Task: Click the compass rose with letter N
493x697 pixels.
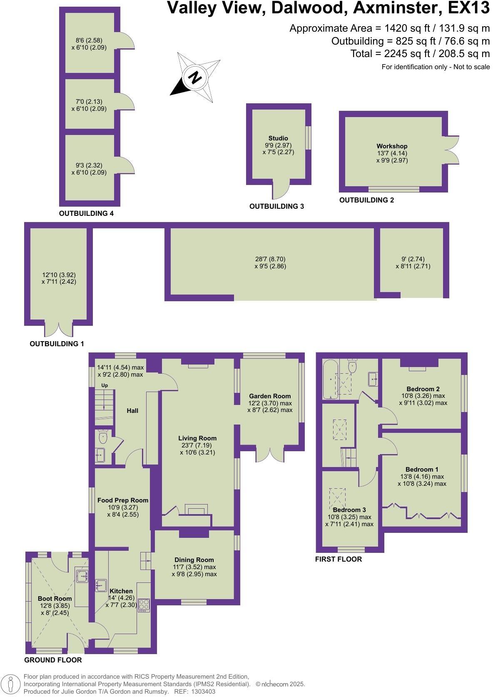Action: click(194, 77)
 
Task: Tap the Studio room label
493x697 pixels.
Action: click(278, 138)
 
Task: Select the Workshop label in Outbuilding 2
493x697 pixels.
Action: click(392, 146)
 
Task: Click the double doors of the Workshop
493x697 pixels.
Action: click(452, 149)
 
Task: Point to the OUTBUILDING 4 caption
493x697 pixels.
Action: click(86, 213)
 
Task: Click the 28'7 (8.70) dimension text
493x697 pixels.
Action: click(270, 259)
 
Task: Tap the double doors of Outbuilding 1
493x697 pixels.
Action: click(59, 328)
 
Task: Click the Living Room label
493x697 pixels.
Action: click(197, 438)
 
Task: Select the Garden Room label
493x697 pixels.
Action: click(270, 396)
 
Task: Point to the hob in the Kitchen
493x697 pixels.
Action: click(144, 605)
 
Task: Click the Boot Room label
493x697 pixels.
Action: click(55, 598)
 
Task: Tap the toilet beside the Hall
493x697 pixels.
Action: click(103, 437)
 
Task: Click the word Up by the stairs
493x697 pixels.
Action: click(105, 385)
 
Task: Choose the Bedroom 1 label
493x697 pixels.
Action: click(422, 469)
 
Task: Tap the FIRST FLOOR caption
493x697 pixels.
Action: click(339, 559)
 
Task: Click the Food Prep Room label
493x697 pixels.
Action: click(123, 500)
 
